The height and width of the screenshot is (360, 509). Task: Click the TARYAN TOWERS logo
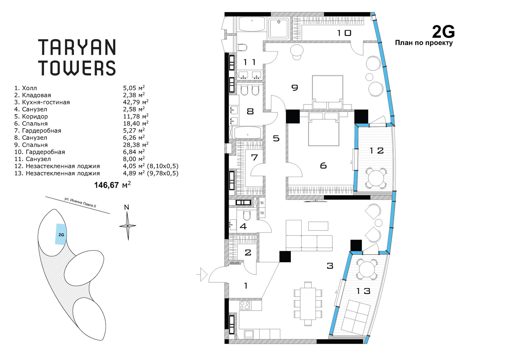coord(77,57)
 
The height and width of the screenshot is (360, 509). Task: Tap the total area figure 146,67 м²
coord(113,185)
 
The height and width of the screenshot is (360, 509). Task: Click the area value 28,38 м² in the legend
coord(136,145)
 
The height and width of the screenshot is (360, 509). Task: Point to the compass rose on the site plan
coord(128,226)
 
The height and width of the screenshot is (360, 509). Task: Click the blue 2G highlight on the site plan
coord(61,234)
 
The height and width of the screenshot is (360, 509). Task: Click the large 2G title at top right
coord(443,32)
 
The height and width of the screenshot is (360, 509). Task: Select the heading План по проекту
coord(424,43)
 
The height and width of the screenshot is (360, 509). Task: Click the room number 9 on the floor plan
coord(295,88)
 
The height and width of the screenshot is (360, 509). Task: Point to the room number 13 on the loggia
coord(363,291)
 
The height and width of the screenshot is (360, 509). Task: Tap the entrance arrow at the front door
coord(202,275)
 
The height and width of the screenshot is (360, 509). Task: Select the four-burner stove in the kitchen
coord(245,305)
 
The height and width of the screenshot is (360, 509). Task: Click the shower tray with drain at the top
coord(279,28)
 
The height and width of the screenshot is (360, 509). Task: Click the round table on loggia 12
coord(376,178)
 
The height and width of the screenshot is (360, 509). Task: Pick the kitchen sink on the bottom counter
coord(249,334)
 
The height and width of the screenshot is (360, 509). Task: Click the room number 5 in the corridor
coord(276,138)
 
